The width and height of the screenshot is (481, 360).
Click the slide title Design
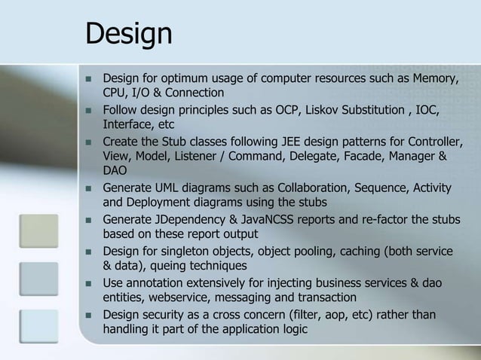pos(129,34)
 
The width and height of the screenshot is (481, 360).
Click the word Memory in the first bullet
pos(434,79)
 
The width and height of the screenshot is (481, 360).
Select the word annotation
pos(161,282)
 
